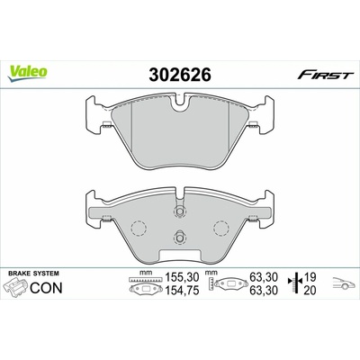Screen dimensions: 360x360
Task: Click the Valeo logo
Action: pos(28,74)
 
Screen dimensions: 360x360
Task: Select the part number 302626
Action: pos(180,75)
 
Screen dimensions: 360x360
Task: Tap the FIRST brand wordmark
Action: pos(324,75)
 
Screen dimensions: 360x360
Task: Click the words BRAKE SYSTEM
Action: pos(33,274)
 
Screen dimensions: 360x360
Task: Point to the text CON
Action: pos(46,288)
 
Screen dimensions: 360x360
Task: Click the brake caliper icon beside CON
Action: pos(15,287)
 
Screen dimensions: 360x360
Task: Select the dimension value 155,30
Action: pos(183,276)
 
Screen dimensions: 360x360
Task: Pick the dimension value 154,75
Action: pos(183,290)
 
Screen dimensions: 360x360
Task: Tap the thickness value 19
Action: pos(310,276)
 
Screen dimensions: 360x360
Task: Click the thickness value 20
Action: pos(310,290)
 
